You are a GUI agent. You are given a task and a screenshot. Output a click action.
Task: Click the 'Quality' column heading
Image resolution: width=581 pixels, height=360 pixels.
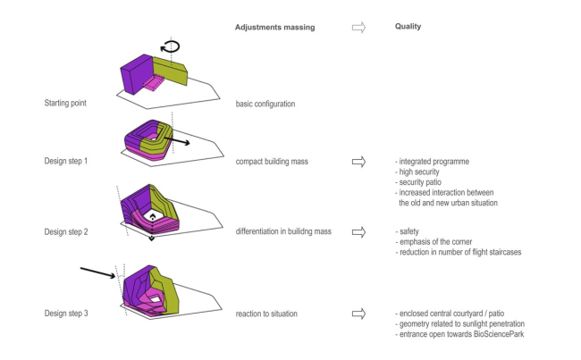click(x=408, y=27)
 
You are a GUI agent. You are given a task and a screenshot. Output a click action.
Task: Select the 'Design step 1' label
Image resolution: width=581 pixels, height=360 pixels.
click(x=70, y=162)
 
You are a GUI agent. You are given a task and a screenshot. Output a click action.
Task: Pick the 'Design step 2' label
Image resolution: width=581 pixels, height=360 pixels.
click(x=70, y=231)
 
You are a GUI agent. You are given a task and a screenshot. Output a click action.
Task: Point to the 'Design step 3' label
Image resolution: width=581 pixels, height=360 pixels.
click(x=70, y=314)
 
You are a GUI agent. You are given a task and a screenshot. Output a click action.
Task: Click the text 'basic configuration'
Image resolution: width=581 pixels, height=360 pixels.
click(x=265, y=104)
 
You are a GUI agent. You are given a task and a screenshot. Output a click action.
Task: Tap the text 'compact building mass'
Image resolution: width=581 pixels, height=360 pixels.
click(x=274, y=162)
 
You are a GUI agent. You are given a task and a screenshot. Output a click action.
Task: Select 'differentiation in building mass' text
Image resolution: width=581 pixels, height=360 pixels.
click(x=283, y=231)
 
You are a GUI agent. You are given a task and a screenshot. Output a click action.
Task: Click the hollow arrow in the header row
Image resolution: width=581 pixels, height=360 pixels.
click(x=358, y=27)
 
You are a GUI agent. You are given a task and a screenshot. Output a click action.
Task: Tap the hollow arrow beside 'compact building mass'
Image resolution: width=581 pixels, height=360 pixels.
click(x=358, y=162)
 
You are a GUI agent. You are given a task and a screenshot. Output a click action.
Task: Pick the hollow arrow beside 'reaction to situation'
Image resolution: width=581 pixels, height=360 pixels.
click(x=358, y=314)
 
